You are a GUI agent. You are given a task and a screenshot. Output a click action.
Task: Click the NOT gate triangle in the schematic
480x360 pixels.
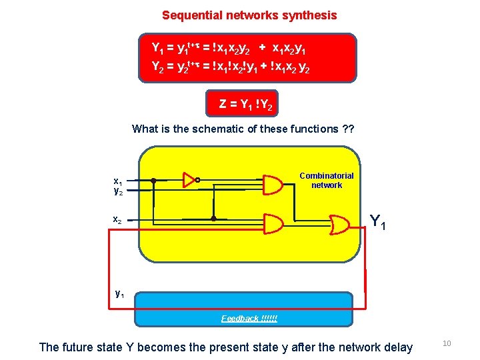(189, 179)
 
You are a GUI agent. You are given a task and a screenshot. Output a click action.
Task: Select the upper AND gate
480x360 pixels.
(273, 184)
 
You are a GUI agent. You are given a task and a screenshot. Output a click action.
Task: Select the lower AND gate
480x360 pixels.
(273, 222)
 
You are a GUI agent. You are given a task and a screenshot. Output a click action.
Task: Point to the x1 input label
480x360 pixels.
(117, 181)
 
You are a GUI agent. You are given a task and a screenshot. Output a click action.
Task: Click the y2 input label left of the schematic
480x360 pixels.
(117, 191)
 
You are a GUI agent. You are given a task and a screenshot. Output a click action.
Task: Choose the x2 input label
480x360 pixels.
(117, 219)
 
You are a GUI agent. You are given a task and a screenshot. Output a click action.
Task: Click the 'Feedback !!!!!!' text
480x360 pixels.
(249, 319)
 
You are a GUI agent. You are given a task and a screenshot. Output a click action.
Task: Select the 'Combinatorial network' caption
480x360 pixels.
(327, 180)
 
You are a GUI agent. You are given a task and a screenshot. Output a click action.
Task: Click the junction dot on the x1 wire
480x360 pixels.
(153, 180)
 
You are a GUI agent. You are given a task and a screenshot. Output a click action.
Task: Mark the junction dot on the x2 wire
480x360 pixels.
(213, 219)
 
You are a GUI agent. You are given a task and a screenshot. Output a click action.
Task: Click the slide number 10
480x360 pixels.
(447, 343)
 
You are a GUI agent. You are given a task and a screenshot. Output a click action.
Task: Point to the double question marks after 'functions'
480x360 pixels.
(347, 129)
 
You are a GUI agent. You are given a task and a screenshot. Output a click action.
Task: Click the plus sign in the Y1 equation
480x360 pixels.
(263, 48)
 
